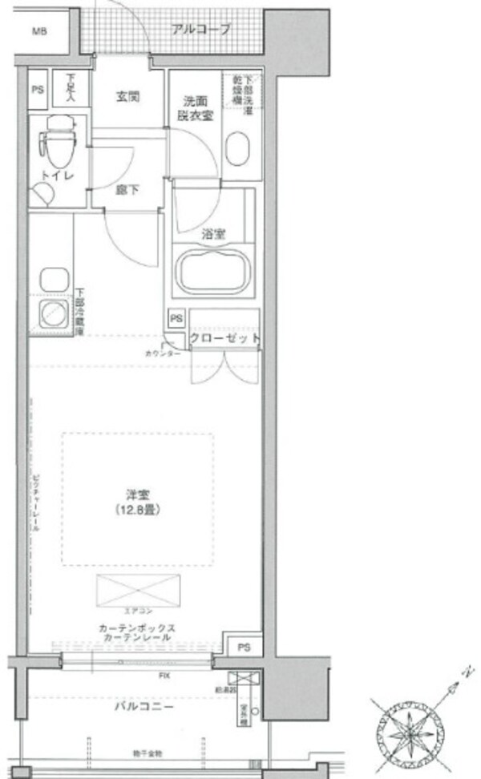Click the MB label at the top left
coord(38,32)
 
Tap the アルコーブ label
coord(200,30)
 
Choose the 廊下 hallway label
coord(127,192)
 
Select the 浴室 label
coord(213,234)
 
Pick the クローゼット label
coord(225,339)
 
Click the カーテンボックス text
coord(137,628)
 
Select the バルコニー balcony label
coord(143,707)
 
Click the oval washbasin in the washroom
coord(240,149)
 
